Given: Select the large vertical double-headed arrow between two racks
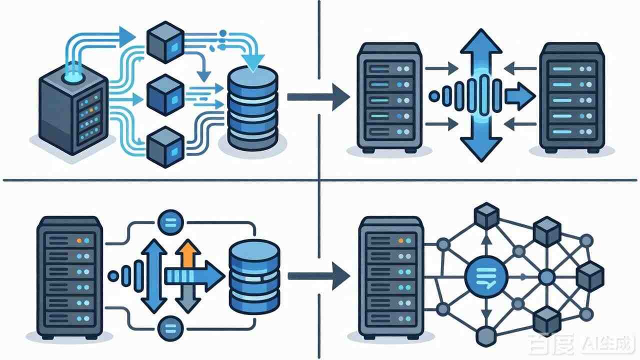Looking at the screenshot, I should pyautogui.click(x=480, y=95).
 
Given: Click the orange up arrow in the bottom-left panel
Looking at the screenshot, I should pyautogui.click(x=188, y=252).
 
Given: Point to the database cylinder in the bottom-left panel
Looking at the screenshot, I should pyautogui.click(x=253, y=274).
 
